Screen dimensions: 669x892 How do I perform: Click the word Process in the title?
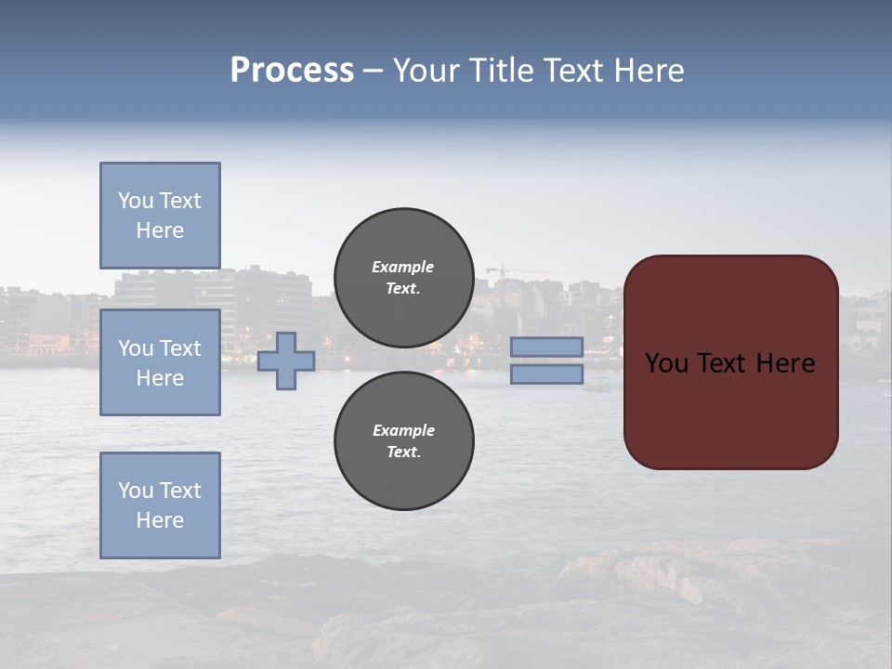click(x=292, y=71)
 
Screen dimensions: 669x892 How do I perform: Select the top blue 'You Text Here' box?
click(x=160, y=216)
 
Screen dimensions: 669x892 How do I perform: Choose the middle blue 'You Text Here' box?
click(x=160, y=362)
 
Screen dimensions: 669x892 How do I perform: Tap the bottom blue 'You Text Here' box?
click(x=160, y=505)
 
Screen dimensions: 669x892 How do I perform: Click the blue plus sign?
click(x=286, y=361)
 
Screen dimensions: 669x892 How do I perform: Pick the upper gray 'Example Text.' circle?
click(x=403, y=278)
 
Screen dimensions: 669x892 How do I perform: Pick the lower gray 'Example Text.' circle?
click(x=403, y=441)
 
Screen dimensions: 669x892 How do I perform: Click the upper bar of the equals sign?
click(x=546, y=348)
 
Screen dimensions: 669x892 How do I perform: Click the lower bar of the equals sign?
click(x=546, y=374)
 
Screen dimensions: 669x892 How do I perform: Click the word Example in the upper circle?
click(x=403, y=267)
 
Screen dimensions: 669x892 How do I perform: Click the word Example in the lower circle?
click(x=403, y=430)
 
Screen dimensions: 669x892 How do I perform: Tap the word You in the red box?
click(x=665, y=363)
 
